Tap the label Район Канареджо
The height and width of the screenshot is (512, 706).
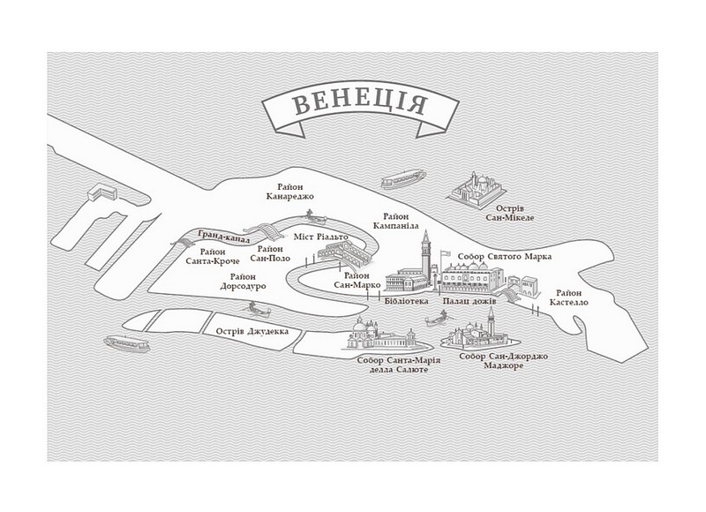coord(290,192)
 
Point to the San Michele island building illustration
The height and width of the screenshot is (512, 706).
coord(477,188)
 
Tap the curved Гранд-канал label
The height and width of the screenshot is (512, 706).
coord(225,237)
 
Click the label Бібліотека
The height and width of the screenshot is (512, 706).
coord(407,301)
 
